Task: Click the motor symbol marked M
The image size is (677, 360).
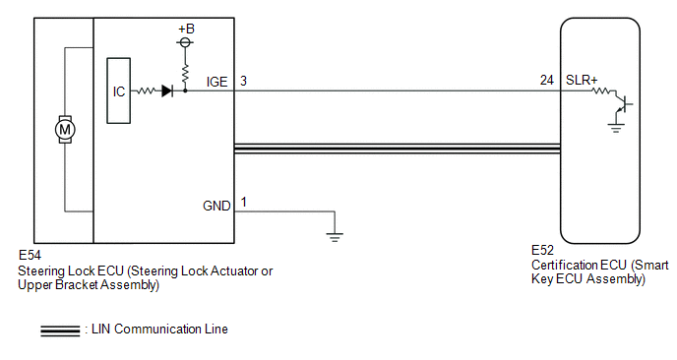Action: point(65,129)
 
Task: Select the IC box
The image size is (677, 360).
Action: point(119,90)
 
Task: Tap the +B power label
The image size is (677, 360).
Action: point(187,29)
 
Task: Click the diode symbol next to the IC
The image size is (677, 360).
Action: point(167,91)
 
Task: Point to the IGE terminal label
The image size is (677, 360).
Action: point(216,82)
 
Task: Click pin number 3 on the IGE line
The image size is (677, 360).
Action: point(243,82)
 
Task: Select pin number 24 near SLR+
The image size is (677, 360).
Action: point(546,81)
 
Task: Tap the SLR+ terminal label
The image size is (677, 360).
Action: point(582,81)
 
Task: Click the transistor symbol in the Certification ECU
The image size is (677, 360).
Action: point(622,104)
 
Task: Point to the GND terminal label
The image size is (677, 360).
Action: point(216,206)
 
